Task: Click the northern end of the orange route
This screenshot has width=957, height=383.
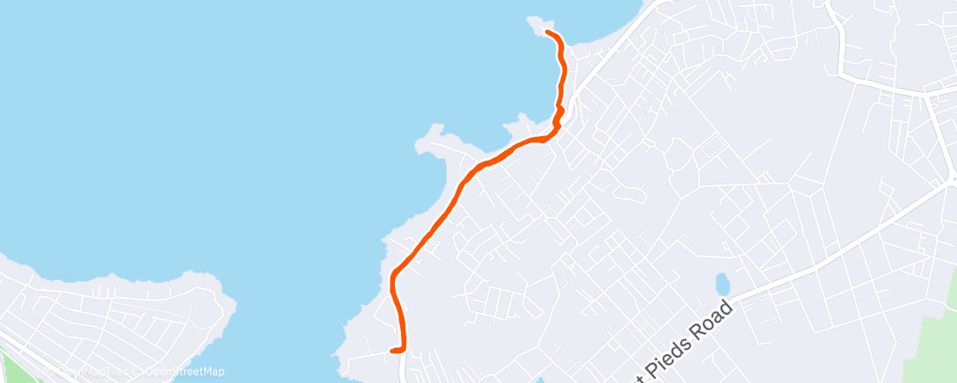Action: pyautogui.click(x=548, y=33)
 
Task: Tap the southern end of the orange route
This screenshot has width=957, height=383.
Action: pyautogui.click(x=391, y=350)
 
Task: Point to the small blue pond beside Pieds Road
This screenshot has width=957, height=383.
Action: pyautogui.click(x=722, y=284)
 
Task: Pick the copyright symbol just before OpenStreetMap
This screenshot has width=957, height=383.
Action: pyautogui.click(x=137, y=372)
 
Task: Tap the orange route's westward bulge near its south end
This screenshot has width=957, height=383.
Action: pyautogui.click(x=393, y=281)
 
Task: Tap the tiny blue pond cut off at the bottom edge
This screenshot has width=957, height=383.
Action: pyautogui.click(x=539, y=379)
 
